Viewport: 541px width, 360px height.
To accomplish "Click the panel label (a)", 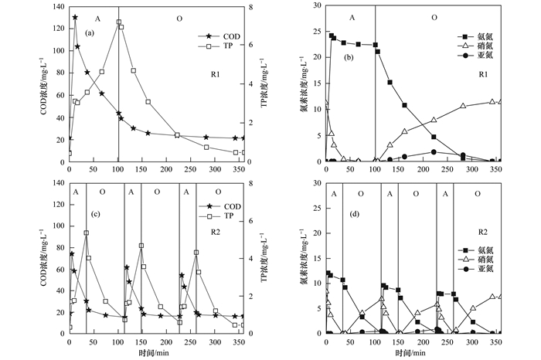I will click(x=90, y=32).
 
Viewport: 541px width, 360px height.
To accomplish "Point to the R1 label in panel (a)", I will click(x=218, y=74).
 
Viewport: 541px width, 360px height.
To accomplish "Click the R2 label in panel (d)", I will click(x=480, y=231).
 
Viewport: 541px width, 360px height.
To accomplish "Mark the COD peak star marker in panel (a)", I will click(x=75, y=17).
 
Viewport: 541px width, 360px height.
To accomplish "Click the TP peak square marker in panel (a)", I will click(x=119, y=22).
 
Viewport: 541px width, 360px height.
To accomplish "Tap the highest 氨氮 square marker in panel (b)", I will click(x=332, y=35).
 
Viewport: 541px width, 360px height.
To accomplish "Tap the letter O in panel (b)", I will click(x=434, y=17).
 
